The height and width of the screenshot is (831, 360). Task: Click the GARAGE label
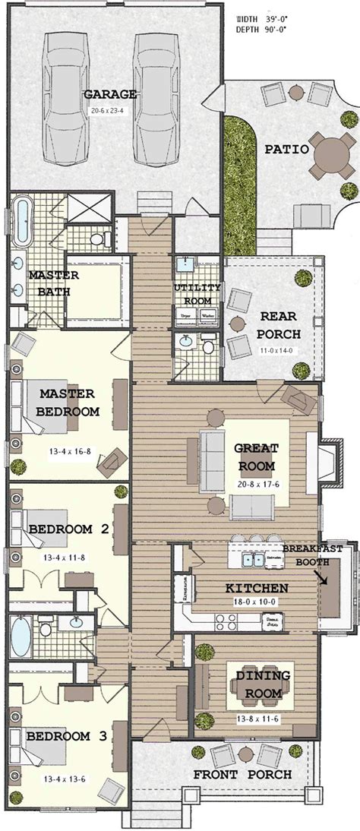tap(110, 94)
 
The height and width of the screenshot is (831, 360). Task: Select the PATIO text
tap(286, 150)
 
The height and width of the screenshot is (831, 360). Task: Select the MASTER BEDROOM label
tap(67, 403)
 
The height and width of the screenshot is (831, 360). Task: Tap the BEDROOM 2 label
tap(67, 529)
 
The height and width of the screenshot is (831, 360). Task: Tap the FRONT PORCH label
tap(242, 775)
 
